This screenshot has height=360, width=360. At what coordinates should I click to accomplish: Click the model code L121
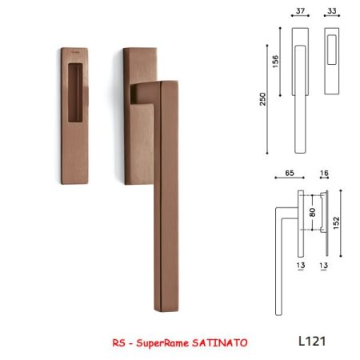coord(312,341)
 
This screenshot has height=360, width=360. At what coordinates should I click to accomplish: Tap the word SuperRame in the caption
coord(162,343)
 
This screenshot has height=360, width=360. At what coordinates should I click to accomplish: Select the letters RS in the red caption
coord(118,342)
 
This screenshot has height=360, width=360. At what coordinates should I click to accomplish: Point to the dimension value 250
coord(263,99)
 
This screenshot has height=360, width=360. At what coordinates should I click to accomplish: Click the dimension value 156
coord(275,62)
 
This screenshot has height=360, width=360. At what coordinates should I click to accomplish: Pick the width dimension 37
coord(300,11)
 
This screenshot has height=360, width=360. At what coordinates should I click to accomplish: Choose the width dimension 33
coord(332,11)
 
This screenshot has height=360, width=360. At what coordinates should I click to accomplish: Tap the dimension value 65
coord(290,173)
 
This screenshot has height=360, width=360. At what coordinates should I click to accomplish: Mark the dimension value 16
coord(324,173)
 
